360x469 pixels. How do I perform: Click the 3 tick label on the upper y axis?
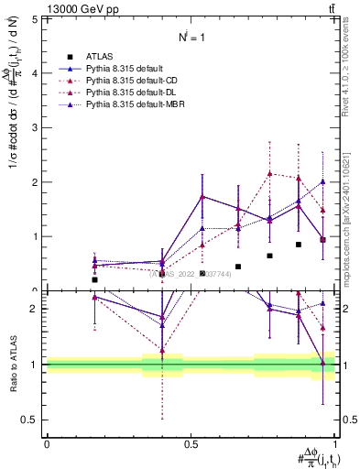pos(34,127)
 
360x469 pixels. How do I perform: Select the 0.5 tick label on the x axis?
pos(191,443)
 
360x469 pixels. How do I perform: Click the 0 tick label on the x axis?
pos(47,443)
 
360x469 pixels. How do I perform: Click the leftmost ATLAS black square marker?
pos(94,279)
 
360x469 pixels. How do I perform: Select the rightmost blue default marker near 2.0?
pos(322,181)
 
